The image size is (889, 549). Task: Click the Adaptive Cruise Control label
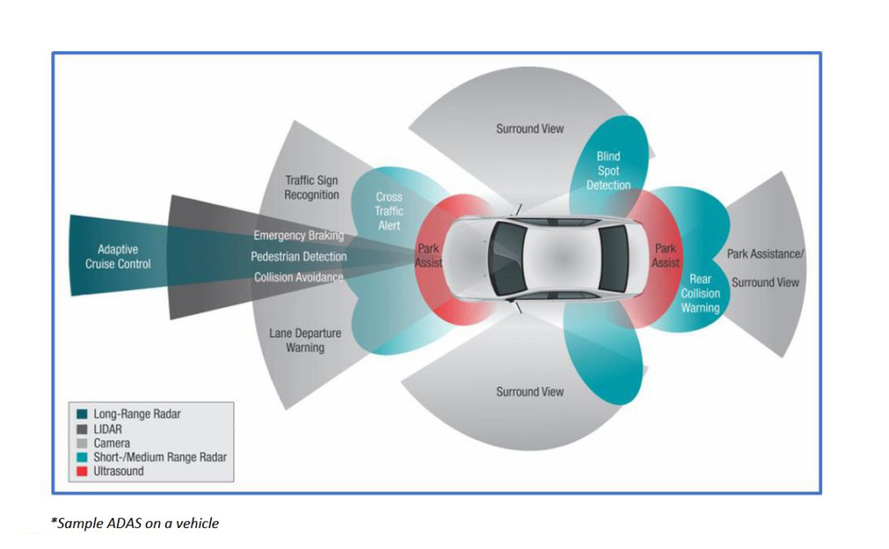[117, 257]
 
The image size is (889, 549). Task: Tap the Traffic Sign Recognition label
[312, 187]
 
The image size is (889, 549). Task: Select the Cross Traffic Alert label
[389, 211]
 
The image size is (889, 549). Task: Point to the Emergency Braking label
[299, 236]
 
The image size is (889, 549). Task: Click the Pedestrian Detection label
[299, 257]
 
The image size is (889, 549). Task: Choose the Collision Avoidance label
[299, 278]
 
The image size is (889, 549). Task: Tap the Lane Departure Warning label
[305, 340]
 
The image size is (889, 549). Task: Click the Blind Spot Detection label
[609, 171]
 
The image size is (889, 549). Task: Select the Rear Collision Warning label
[700, 293]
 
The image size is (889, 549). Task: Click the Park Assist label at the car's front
[428, 255]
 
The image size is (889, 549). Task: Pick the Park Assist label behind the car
[666, 255]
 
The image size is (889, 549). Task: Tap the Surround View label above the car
[530, 129]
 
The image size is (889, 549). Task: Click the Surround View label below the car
[530, 392]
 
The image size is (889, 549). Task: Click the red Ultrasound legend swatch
[82, 471]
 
